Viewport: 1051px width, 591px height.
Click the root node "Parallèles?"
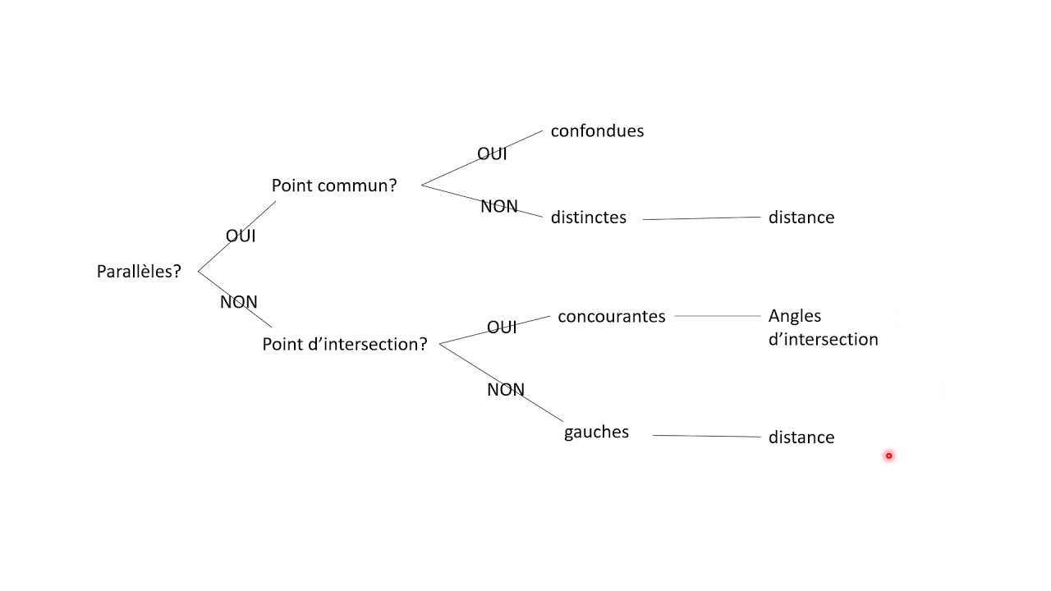click(138, 272)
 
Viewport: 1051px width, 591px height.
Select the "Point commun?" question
click(333, 186)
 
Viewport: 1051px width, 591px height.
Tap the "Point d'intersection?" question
click(344, 345)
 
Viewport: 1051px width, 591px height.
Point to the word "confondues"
click(597, 131)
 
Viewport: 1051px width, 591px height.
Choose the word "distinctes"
click(588, 218)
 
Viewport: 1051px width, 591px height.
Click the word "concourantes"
click(611, 317)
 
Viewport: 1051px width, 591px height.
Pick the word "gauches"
click(596, 433)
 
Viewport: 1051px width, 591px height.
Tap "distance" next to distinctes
click(801, 218)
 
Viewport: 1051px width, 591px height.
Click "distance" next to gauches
click(801, 438)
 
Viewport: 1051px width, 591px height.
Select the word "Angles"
click(794, 316)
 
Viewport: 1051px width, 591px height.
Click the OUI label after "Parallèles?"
click(241, 236)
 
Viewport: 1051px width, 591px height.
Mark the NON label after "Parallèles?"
click(238, 302)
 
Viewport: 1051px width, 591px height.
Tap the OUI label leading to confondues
click(492, 154)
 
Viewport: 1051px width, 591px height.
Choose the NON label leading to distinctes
click(498, 207)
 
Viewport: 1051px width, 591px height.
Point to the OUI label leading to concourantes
click(502, 328)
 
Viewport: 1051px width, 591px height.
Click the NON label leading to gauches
click(505, 390)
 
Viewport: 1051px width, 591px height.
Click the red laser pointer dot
click(888, 456)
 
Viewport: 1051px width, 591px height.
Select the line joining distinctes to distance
click(702, 218)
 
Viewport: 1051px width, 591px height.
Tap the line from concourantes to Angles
click(718, 316)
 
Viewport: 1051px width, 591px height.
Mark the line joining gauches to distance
click(706, 436)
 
